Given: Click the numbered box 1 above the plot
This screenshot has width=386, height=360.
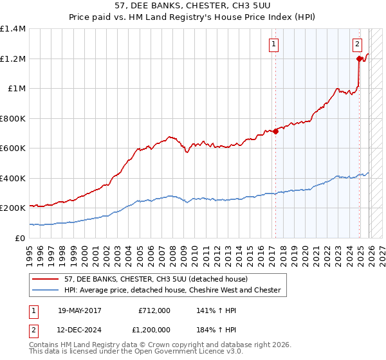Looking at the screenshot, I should point(273,44).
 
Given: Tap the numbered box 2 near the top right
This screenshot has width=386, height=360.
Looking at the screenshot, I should point(357,44).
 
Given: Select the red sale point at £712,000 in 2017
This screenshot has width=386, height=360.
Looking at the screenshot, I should point(275,132).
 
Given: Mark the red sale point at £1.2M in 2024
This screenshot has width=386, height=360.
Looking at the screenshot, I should point(359,59).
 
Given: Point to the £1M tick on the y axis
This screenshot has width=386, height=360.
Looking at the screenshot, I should point(14,89).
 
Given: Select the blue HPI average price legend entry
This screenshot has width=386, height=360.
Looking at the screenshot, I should point(171,291).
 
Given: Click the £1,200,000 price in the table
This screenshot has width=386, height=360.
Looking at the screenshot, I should point(152,330).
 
